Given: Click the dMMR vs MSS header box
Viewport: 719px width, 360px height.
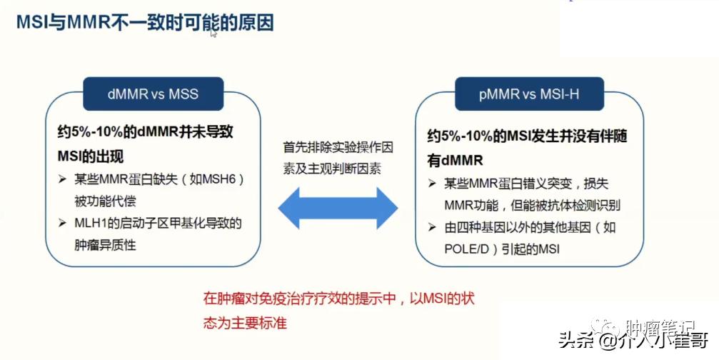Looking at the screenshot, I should point(153,94).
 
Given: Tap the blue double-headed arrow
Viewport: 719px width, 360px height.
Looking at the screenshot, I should point(338,209).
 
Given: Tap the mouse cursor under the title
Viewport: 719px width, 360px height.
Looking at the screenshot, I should point(213,34).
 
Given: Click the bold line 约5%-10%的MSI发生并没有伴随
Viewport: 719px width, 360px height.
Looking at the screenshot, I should point(527,136).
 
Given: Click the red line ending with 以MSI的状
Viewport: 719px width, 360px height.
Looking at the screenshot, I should point(338,299).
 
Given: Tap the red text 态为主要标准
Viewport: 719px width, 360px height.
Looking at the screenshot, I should point(245,322).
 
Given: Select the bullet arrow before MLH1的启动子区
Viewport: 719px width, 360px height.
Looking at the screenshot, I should point(62,224).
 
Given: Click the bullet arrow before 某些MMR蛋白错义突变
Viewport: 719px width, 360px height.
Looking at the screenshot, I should point(433,184).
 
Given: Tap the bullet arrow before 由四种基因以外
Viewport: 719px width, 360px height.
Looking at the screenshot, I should point(433,228).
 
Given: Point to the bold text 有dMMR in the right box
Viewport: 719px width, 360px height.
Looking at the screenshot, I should point(456,159).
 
